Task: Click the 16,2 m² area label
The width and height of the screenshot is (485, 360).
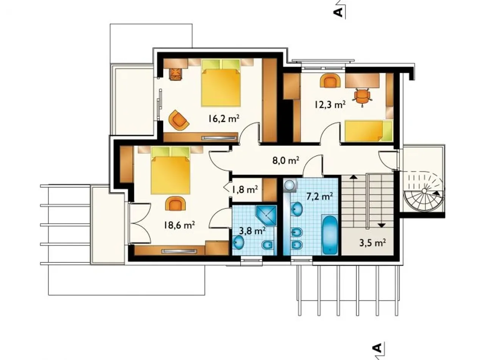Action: click(224, 119)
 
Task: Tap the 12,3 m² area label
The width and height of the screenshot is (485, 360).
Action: click(330, 105)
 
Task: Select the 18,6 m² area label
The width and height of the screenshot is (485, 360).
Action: click(180, 225)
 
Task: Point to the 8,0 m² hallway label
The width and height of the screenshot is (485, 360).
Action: click(286, 161)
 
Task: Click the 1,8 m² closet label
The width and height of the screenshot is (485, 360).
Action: click(244, 189)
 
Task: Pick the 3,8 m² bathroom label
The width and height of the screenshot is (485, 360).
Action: click(252, 230)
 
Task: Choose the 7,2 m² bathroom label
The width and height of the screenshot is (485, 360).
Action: click(320, 197)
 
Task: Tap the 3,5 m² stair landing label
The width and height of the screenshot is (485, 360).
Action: click(372, 243)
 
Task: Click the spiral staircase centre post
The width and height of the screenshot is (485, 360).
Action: click(424, 191)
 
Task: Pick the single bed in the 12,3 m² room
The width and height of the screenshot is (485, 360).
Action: click(369, 131)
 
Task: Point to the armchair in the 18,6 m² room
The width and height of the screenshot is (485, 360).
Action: click(175, 203)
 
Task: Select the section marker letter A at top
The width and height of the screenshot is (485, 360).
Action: click(338, 13)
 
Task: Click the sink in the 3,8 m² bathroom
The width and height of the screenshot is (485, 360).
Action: click(238, 242)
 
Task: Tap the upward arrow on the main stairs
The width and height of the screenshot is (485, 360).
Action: click(352, 177)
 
